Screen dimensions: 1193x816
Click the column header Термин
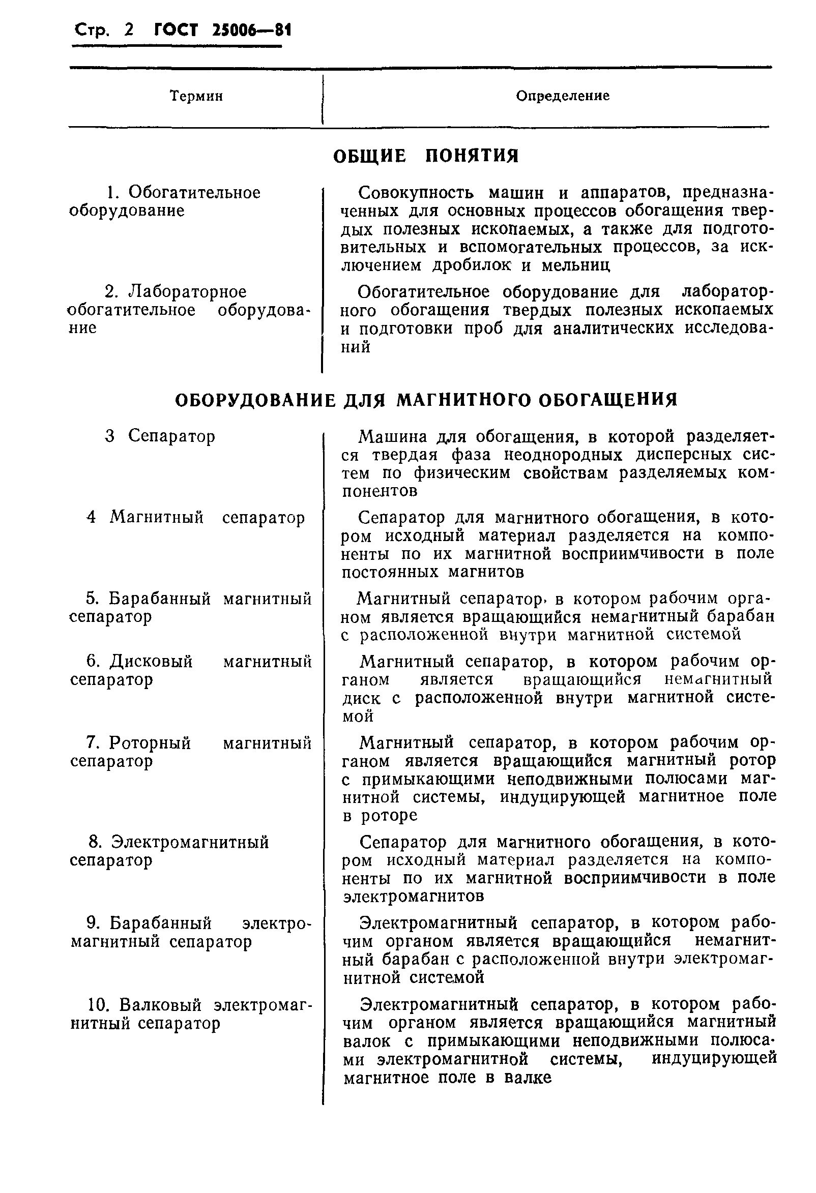point(196,96)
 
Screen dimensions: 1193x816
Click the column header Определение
point(563,96)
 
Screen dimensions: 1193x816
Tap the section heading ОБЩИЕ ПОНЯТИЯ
point(426,156)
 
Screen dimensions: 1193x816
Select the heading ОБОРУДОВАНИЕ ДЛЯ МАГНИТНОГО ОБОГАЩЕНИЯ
point(426,400)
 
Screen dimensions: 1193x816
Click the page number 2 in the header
point(129,31)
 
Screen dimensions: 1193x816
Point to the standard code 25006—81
point(252,31)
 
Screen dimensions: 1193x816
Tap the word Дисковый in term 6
point(152,661)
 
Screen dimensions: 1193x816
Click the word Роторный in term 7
point(150,742)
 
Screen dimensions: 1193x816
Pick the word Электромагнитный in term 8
point(190,842)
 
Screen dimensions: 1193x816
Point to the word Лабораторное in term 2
point(187,291)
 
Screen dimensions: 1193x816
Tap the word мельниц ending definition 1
point(576,265)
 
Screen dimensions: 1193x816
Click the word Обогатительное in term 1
point(194,193)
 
